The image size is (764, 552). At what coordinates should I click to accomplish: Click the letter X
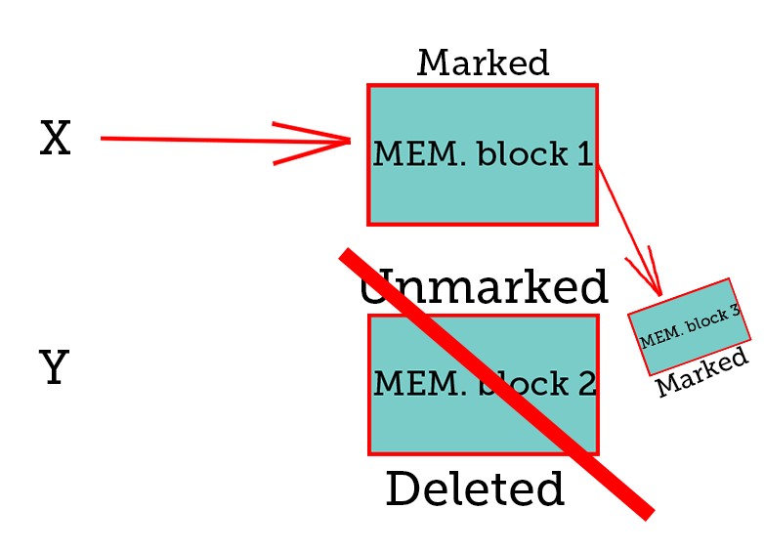tap(56, 140)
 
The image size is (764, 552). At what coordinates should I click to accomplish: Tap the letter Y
tap(55, 369)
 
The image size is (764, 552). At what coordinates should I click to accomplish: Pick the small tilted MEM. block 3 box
tap(689, 325)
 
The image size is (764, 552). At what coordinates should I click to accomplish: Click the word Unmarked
tap(484, 288)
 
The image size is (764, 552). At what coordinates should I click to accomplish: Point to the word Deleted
tap(475, 489)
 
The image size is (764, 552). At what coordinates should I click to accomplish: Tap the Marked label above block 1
tap(483, 64)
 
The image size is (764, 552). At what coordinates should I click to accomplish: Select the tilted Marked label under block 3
tap(702, 371)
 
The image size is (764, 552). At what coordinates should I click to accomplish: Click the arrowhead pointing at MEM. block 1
tap(332, 142)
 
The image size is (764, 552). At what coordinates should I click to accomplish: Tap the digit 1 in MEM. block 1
tap(584, 154)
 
